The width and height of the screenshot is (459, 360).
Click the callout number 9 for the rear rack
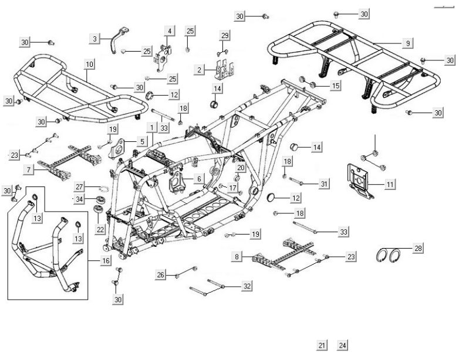(408, 43)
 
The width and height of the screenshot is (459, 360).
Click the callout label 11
(390, 184)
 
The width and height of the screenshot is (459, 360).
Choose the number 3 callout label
(95, 39)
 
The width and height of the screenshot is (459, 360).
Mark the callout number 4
(170, 30)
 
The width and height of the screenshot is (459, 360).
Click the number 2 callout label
(200, 70)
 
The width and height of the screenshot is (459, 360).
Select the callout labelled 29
(225, 36)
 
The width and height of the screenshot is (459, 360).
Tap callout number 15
(335, 86)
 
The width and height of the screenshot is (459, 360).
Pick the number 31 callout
(324, 184)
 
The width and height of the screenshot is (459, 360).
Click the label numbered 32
(247, 286)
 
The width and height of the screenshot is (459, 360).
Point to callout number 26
(160, 274)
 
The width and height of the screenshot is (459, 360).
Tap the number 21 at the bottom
(322, 345)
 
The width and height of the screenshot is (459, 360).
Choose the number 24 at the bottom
(343, 345)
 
